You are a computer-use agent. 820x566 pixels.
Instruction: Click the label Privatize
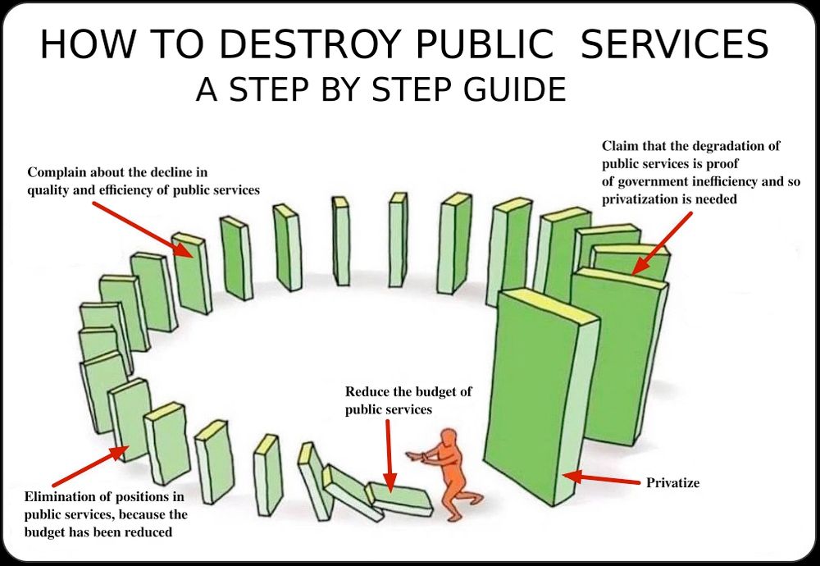coord(672,482)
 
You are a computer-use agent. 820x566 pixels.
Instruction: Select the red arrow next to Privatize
coord(603,478)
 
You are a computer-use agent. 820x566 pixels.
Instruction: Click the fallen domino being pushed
coord(399,498)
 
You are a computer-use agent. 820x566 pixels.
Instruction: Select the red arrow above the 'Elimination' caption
coord(81,465)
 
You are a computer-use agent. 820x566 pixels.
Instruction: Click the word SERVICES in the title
coord(674,44)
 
